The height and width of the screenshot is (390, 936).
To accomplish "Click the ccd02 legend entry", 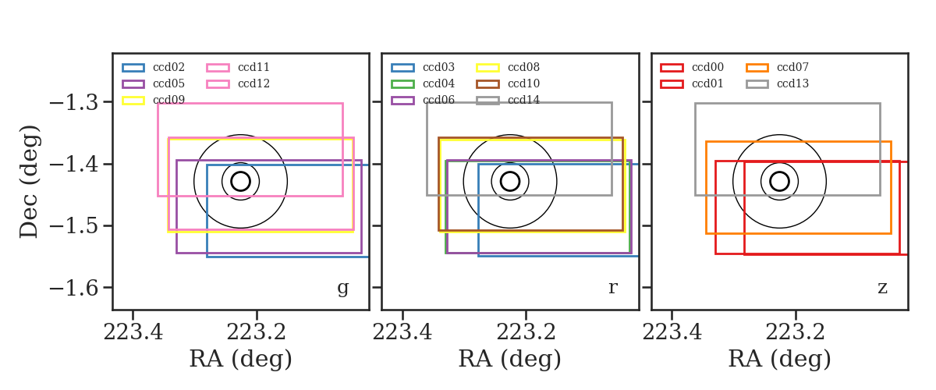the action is coord(154,67).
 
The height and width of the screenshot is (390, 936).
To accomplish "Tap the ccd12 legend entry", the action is coord(238,83).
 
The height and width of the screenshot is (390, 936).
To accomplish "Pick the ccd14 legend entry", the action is coord(508,101).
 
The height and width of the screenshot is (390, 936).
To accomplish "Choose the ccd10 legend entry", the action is coord(508,83).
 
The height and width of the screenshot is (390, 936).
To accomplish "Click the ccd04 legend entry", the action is coord(423,83).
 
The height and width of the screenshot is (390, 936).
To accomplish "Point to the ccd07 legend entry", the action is coord(777,67).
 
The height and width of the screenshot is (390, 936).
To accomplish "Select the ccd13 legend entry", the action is coord(777,83).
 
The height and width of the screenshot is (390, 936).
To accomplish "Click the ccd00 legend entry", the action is coord(692,67).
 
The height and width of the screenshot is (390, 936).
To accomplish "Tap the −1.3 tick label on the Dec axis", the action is coord(74,103).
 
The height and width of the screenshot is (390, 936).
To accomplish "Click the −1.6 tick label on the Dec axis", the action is coord(74,289).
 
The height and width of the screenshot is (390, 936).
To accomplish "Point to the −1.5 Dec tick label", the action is coord(74,226).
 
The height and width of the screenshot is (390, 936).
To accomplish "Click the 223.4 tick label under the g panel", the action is coord(133,332).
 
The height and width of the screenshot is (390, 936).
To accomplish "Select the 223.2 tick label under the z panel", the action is coord(795,332).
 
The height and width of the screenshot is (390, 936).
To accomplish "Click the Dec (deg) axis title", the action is coord(30,182).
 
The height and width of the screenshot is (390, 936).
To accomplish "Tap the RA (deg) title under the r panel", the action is coord(510,359).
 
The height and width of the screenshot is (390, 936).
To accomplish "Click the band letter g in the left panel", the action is coord(342,288).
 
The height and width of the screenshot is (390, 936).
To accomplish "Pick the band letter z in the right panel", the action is coord(882,288).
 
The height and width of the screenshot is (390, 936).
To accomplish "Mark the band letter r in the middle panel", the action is coord(612,288).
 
